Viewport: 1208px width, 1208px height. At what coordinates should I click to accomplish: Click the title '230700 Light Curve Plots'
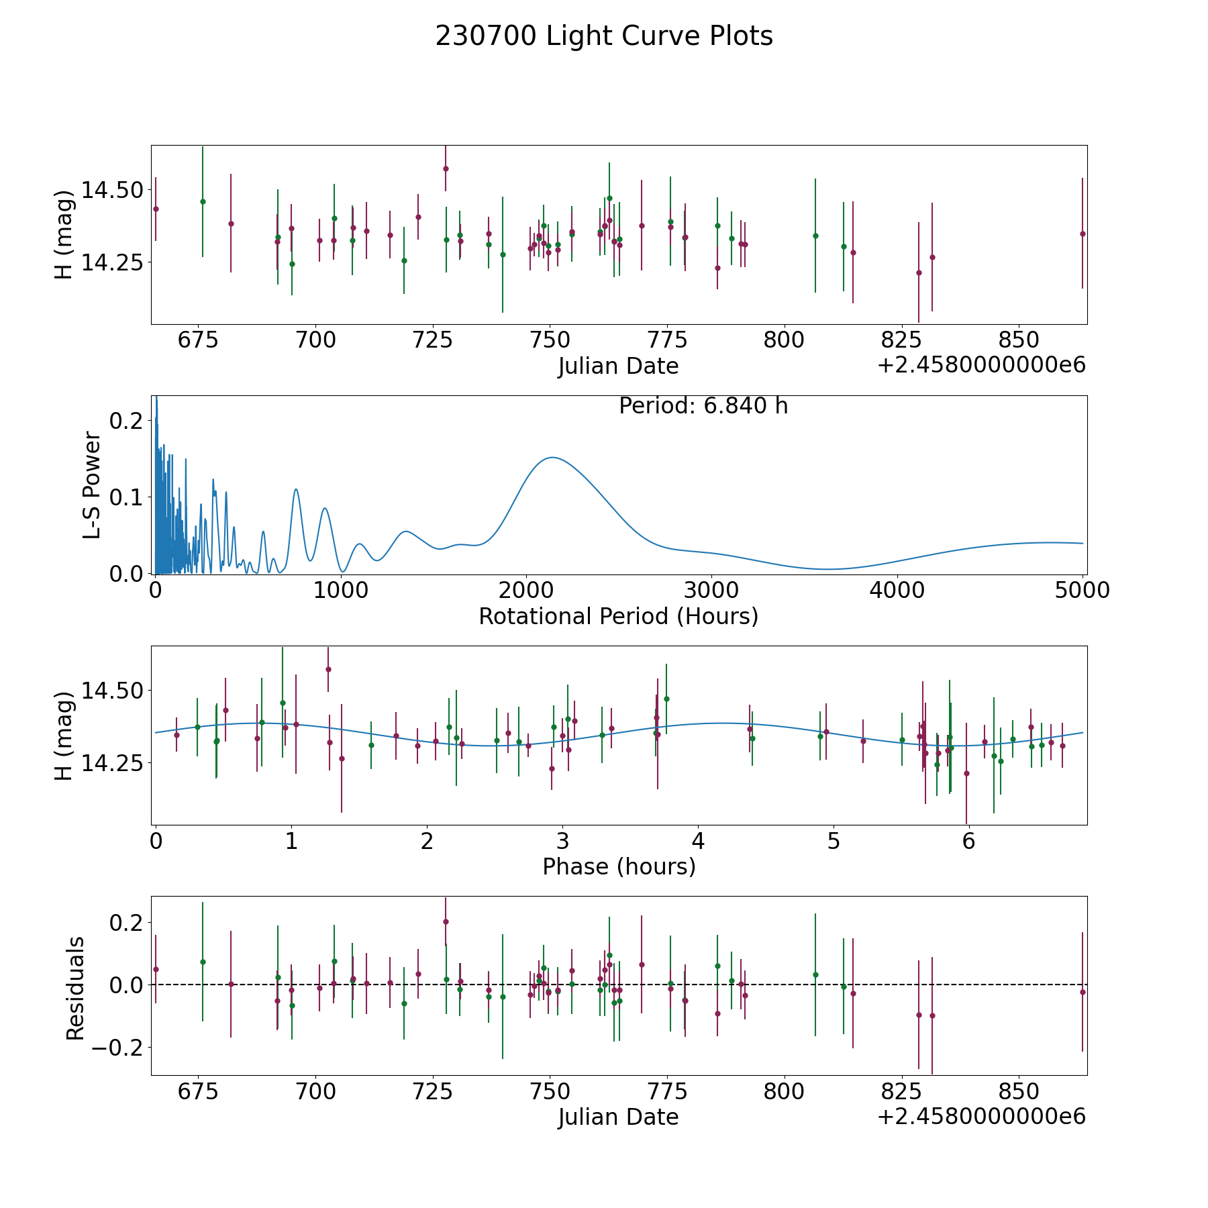[604, 36]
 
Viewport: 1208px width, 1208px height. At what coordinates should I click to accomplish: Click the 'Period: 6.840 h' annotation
[703, 406]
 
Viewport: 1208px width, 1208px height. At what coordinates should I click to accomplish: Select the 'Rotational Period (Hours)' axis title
[618, 616]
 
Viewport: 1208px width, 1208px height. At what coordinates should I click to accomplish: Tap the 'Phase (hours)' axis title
[619, 866]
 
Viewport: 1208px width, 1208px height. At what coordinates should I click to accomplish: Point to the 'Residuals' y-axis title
[75, 988]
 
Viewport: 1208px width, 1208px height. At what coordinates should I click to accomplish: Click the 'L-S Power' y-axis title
[93, 485]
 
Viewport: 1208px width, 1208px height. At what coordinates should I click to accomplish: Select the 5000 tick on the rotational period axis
[1083, 591]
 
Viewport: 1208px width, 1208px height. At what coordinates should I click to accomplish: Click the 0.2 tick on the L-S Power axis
[126, 421]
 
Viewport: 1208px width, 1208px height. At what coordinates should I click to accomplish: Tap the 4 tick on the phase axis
[698, 842]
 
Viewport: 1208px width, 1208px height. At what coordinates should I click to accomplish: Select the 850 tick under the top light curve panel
[1019, 340]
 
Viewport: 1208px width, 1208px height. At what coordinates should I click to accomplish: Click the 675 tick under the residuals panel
[198, 1091]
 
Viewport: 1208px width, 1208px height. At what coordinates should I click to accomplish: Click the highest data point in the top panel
[446, 168]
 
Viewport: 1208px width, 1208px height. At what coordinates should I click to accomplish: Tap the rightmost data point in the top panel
[1083, 234]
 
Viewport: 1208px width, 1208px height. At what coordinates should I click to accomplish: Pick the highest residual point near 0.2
[446, 921]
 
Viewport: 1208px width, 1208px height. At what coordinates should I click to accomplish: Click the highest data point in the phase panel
[328, 669]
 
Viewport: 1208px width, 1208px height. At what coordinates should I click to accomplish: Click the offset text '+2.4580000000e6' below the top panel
[981, 366]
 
